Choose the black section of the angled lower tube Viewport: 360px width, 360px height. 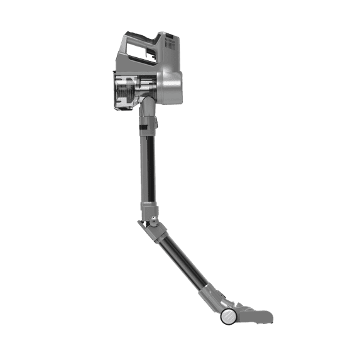point(182,261)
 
